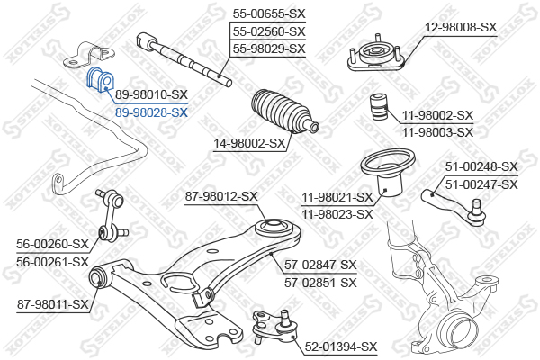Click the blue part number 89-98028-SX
click(x=151, y=112)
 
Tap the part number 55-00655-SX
click(x=269, y=14)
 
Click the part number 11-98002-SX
click(x=436, y=116)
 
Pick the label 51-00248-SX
click(x=481, y=166)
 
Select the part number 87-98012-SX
click(x=221, y=196)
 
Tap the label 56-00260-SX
click(x=53, y=244)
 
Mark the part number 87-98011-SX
click(x=53, y=304)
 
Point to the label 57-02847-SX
click(x=320, y=265)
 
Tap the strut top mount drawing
click(x=374, y=58)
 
